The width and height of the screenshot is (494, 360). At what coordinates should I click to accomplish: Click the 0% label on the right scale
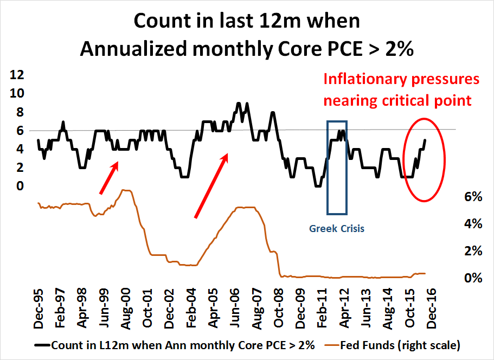point(473,278)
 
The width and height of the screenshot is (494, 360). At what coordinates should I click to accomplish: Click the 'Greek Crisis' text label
point(337,228)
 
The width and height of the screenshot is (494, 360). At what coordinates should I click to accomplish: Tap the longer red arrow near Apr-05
point(211,185)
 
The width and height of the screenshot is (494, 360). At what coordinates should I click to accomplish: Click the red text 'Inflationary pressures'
point(402,79)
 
